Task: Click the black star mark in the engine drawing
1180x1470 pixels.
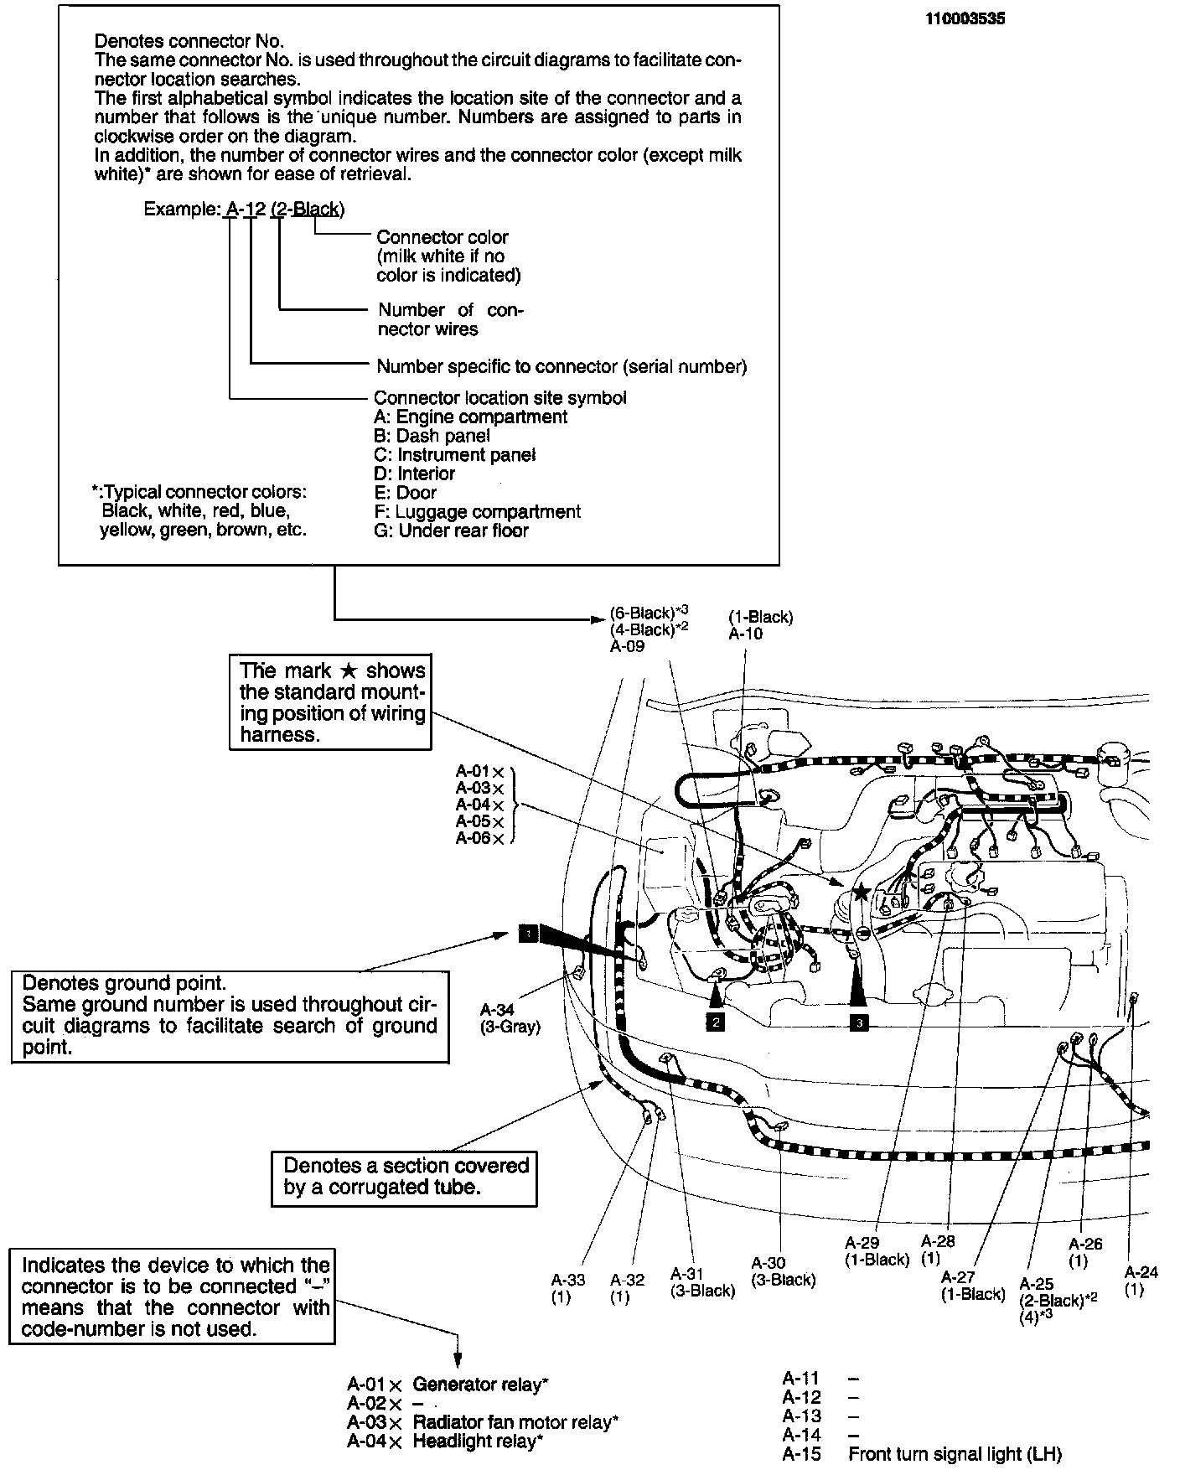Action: pyautogui.click(x=862, y=893)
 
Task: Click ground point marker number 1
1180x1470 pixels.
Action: pyautogui.click(x=528, y=934)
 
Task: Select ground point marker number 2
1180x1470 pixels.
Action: pyautogui.click(x=715, y=1021)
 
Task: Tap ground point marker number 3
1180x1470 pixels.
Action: pyautogui.click(x=858, y=1022)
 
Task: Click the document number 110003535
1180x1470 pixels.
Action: pyautogui.click(x=965, y=18)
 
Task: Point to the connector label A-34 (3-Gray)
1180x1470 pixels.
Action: pyautogui.click(x=510, y=1018)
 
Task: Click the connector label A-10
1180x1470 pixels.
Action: pyautogui.click(x=745, y=634)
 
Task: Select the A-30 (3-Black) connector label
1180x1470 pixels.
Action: pyautogui.click(x=783, y=1271)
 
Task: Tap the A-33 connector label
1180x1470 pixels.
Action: pyautogui.click(x=568, y=1288)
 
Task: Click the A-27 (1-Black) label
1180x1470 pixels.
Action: pyautogui.click(x=972, y=1285)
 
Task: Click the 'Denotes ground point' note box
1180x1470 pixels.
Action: pyautogui.click(x=230, y=1016)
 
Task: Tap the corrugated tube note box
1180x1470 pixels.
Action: pyautogui.click(x=404, y=1177)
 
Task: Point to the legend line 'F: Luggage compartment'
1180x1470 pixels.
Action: pyautogui.click(x=477, y=511)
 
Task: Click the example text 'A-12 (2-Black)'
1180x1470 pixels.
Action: pyautogui.click(x=285, y=209)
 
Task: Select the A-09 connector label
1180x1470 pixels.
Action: pyautogui.click(x=627, y=646)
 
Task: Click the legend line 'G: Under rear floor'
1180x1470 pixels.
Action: pyautogui.click(x=451, y=531)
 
